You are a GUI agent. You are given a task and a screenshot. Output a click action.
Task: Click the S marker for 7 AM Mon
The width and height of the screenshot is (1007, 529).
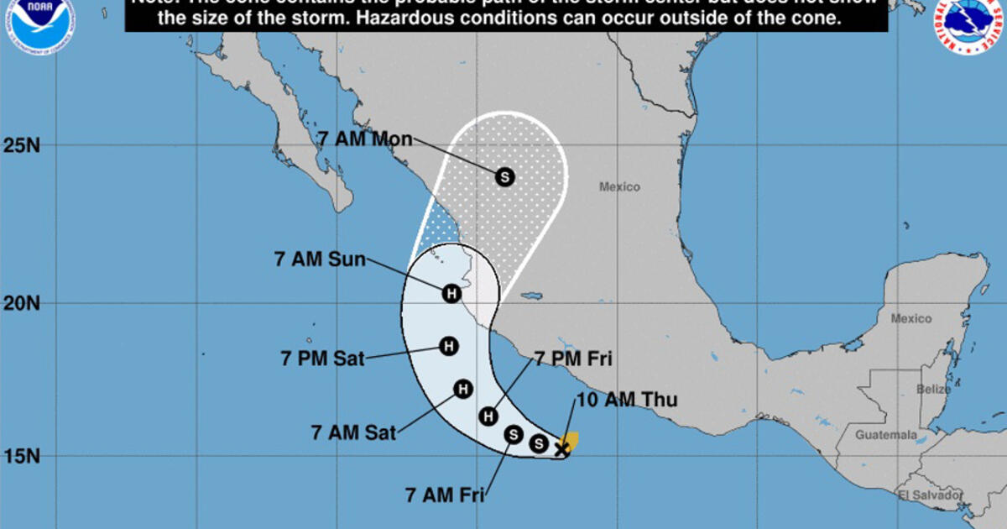[x=504, y=176]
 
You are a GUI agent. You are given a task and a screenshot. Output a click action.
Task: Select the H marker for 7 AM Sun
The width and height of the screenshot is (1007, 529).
[x=451, y=293]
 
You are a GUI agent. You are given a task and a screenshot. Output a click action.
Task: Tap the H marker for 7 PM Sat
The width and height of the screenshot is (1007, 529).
[x=448, y=345]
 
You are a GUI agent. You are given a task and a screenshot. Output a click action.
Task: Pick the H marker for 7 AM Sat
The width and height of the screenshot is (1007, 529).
[x=462, y=389]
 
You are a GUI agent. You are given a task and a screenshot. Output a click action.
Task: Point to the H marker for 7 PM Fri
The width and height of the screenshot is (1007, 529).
[x=488, y=416]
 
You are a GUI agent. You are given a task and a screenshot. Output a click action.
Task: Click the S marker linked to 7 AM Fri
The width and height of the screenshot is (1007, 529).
[x=514, y=434]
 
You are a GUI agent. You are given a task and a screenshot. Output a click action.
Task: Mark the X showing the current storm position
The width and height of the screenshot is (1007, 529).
[x=561, y=449]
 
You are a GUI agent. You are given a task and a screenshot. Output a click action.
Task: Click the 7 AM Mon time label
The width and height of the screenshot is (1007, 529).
[x=365, y=138]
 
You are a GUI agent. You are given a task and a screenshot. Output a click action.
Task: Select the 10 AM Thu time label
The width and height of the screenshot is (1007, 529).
[x=626, y=400]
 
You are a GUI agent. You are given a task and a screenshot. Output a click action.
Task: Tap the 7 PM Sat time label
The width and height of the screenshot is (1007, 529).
[x=323, y=359]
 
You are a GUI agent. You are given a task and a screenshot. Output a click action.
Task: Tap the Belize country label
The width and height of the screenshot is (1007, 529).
[x=934, y=390]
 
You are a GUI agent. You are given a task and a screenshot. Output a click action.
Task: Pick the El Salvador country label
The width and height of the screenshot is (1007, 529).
[x=930, y=495]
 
